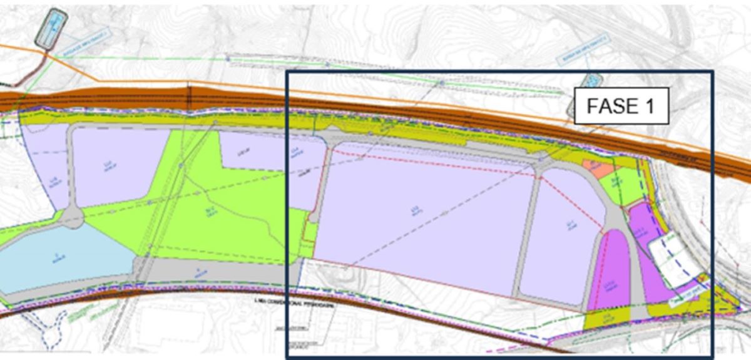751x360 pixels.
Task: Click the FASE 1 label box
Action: click(621, 106)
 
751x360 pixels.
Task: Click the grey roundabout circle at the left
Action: click(73, 218)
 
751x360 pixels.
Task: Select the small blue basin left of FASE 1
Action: click(590, 82)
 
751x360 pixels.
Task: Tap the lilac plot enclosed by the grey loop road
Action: click(119, 166)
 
